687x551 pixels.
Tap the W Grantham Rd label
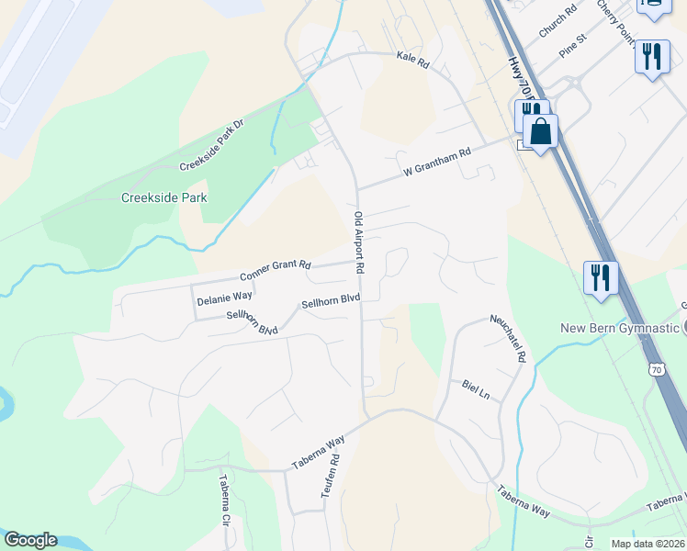[x=437, y=162]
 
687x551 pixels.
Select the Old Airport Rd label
[x=360, y=242]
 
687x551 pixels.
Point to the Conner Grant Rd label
[x=276, y=270]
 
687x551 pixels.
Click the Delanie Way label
[x=224, y=297]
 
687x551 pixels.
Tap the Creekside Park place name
[x=164, y=197]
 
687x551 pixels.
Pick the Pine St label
[x=573, y=44]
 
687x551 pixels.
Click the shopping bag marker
[x=541, y=131]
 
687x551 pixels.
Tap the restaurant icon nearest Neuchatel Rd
[x=601, y=276]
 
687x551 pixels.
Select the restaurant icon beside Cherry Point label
[x=652, y=56]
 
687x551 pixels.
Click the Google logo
[x=30, y=540]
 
